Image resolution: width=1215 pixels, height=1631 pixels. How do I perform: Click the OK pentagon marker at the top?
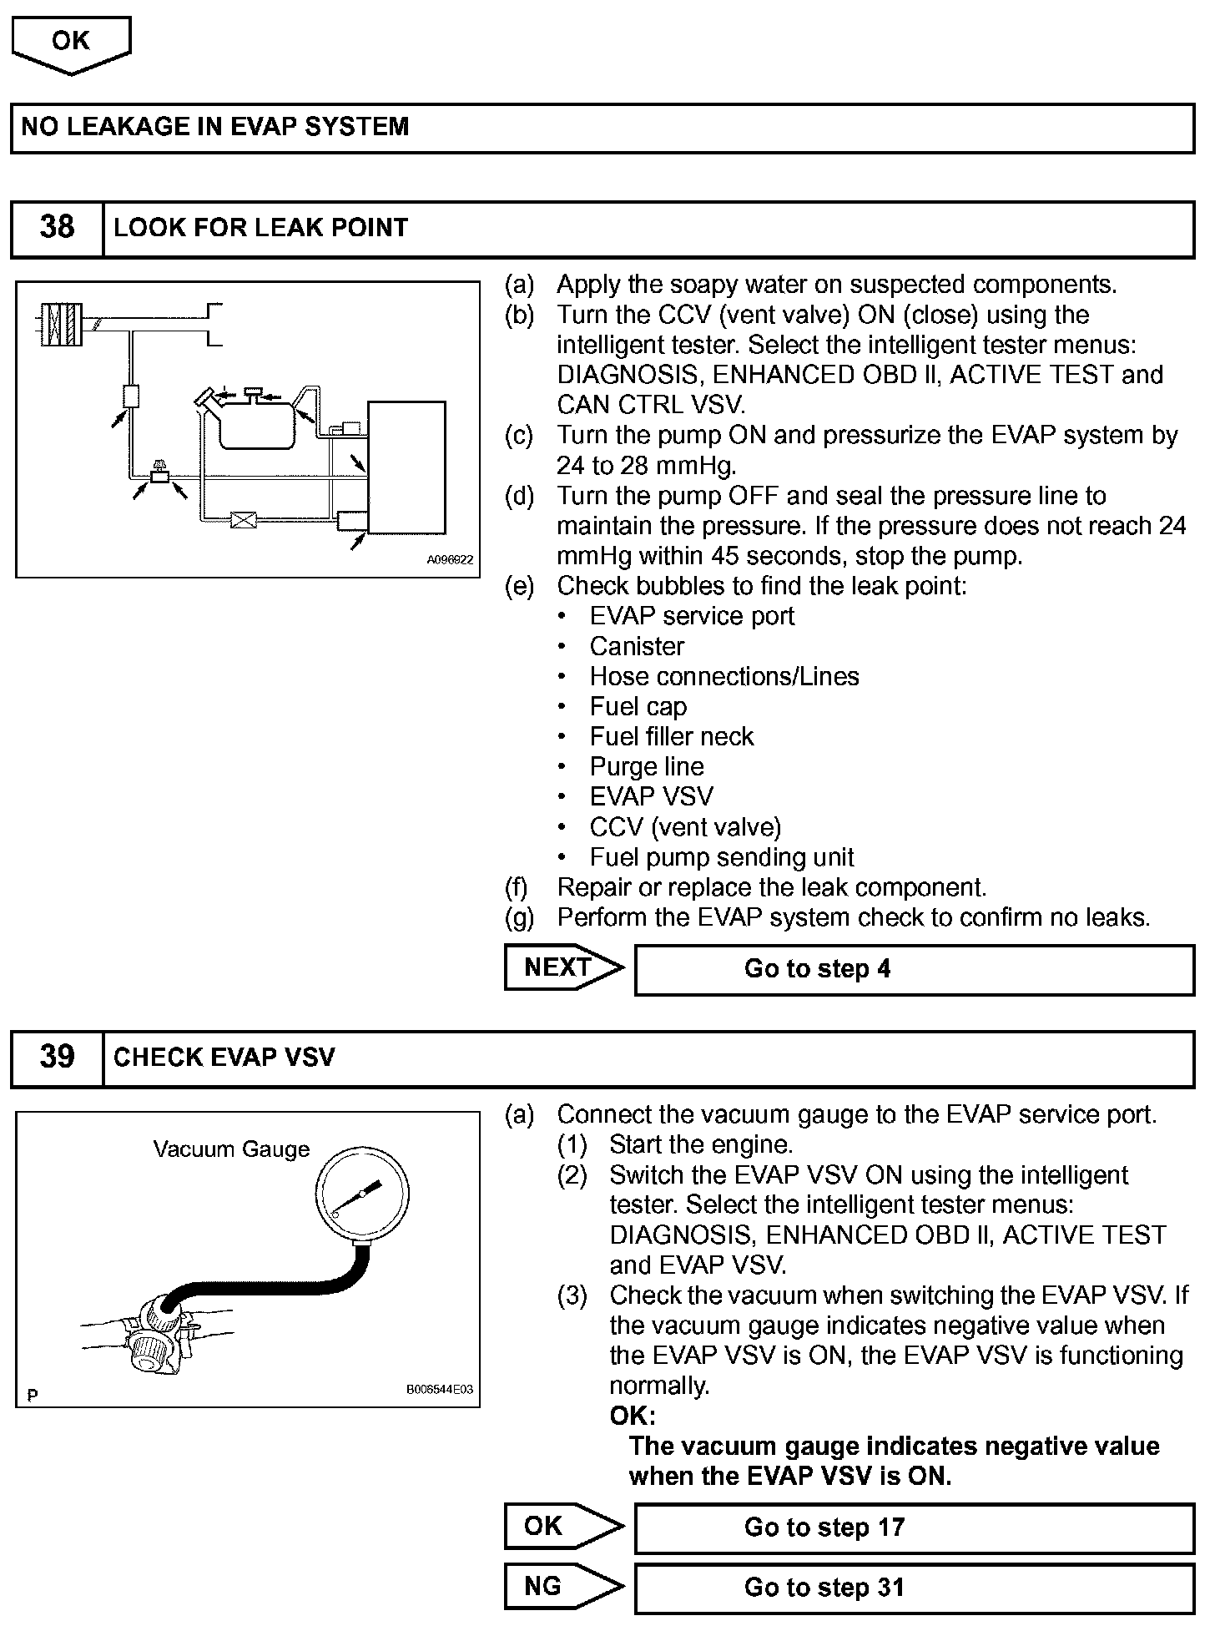pos(71,44)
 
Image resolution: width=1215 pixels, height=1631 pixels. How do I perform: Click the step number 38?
pos(57,228)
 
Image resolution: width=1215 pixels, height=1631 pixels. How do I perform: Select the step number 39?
pos(57,1058)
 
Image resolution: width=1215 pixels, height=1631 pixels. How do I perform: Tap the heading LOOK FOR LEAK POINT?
pos(260,228)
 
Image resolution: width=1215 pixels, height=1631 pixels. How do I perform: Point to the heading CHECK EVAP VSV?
pos(224,1058)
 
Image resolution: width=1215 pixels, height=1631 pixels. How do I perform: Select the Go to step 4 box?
pos(914,969)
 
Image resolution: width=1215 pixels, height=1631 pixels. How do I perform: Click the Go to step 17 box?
pos(914,1527)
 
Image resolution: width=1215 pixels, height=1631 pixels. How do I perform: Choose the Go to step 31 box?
pos(914,1588)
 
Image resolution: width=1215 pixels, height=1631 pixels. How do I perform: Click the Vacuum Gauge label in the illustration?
pos(231,1149)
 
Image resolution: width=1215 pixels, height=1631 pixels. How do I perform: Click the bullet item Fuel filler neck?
pos(671,736)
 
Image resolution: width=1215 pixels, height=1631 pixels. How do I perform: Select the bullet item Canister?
pos(637,646)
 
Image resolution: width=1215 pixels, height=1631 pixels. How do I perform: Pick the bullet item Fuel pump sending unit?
pos(722,857)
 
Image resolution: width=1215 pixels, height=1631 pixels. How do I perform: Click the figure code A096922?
pos(450,560)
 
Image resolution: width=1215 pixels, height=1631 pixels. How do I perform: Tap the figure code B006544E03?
pos(440,1390)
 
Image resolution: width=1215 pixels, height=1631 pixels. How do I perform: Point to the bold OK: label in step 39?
pos(633,1416)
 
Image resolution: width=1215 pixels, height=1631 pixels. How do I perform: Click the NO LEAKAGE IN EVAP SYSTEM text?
pos(215,127)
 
